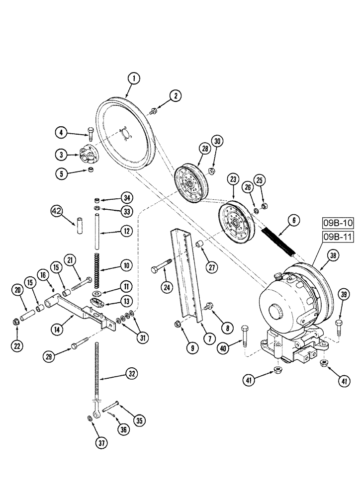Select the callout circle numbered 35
140,421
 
